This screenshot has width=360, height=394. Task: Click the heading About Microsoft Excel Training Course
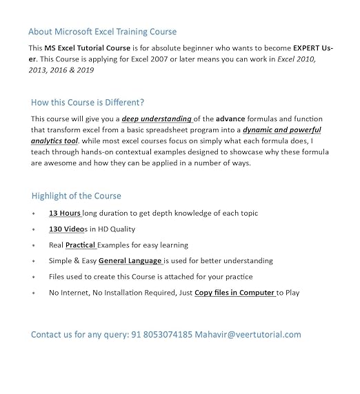(102, 32)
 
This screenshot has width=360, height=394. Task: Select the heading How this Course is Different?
(88, 103)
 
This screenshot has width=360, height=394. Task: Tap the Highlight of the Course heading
(76, 196)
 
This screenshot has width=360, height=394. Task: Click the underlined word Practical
(80, 245)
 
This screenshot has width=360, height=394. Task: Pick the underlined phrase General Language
(131, 261)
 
